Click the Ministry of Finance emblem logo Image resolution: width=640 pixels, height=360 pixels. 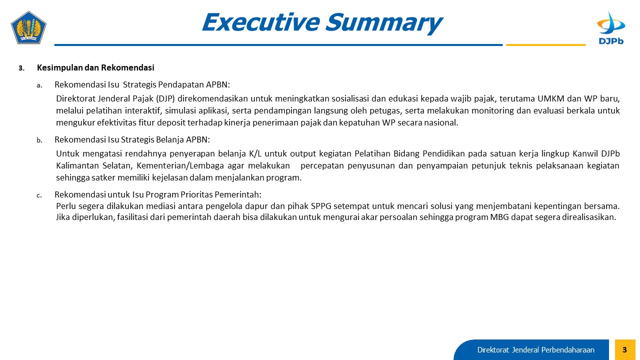coord(28,27)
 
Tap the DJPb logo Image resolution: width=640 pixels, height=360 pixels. coord(611,27)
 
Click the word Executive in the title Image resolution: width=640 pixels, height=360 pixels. coord(260,22)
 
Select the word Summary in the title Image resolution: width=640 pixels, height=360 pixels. coord(384,23)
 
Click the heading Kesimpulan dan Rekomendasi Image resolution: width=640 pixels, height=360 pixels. coord(95,67)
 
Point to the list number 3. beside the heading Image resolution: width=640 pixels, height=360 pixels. coord(21,68)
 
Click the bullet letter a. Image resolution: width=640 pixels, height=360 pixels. coord(39,85)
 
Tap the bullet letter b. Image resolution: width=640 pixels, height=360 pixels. coord(39,140)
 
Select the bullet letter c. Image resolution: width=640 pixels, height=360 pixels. coord(39,195)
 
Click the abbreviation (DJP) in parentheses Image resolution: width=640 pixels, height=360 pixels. coord(165,98)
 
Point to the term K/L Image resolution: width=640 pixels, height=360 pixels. coord(255,153)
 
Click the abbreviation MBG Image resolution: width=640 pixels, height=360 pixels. coord(499,217)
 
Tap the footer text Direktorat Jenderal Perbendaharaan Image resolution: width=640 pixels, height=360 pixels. coord(535,349)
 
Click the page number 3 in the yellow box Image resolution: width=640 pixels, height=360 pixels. coord(624,349)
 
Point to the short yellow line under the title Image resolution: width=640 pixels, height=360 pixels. coord(545,45)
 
